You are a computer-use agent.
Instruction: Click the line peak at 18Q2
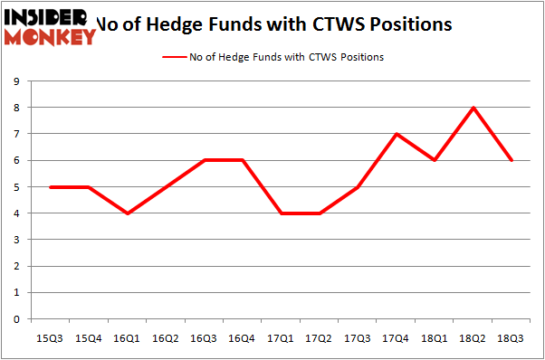473,108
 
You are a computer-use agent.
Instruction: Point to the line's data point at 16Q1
128,213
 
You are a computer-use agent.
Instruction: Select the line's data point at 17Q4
397,134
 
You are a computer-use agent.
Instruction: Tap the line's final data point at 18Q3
512,160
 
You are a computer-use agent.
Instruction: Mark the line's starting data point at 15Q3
51,187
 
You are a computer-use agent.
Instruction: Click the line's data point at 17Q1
281,213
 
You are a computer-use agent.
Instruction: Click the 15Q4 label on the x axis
89,338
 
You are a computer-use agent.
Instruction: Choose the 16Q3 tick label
204,338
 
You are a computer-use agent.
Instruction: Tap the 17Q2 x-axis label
319,338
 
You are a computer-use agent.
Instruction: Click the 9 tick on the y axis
17,81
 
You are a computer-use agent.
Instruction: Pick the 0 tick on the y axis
17,319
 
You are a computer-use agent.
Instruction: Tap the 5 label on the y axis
17,187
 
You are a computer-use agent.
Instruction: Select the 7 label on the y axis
17,134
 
